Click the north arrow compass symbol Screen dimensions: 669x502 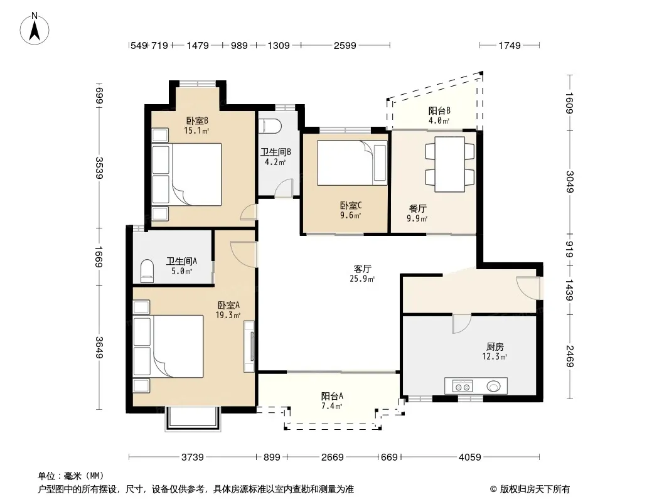point(35,29)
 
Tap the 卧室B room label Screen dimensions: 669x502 point(196,120)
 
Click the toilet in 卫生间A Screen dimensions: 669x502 point(147,271)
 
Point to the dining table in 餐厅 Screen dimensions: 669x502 point(450,164)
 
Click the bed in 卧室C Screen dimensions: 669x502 point(352,163)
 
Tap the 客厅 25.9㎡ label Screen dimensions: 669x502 point(362,274)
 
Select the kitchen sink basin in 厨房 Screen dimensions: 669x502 point(494,386)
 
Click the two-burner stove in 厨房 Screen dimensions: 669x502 point(463,386)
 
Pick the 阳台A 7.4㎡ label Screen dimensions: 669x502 point(332,401)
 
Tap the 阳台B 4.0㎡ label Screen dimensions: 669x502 point(439,115)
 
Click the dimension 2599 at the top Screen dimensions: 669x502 point(345,45)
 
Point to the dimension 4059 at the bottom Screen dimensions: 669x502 point(470,457)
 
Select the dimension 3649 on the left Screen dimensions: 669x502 point(99,348)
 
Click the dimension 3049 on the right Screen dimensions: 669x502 point(570,181)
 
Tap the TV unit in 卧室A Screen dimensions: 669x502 point(249,346)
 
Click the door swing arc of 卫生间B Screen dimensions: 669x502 point(283,188)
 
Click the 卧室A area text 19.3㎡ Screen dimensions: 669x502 point(228,315)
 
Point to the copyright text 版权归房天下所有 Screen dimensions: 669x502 point(535,489)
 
